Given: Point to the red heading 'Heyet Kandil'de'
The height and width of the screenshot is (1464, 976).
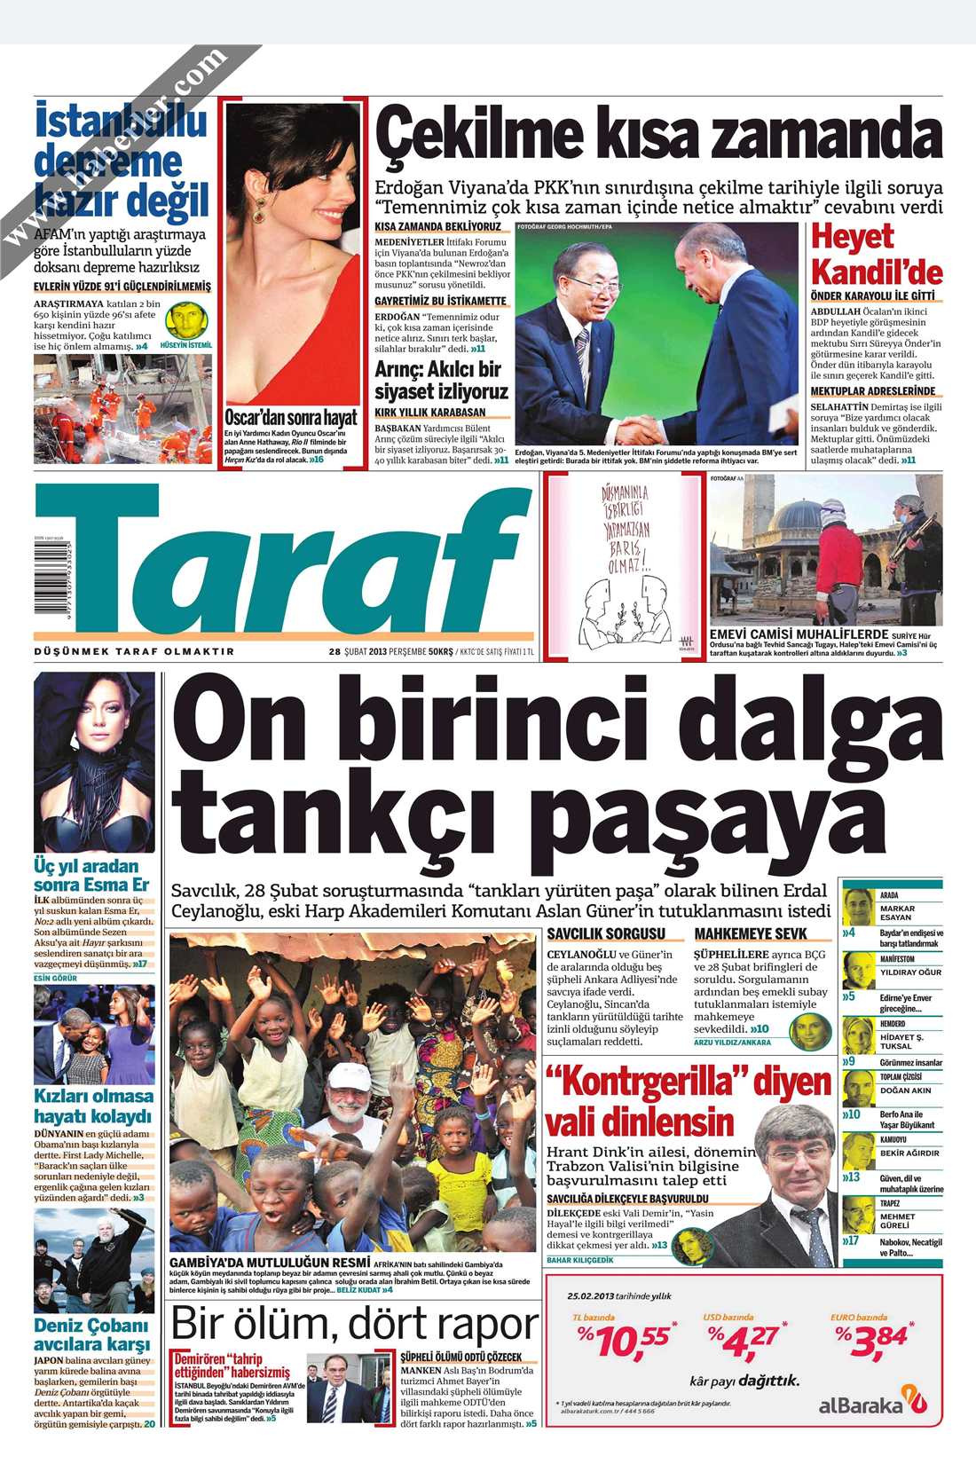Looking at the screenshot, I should [x=876, y=255].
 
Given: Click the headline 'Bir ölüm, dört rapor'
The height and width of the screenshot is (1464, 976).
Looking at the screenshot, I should [x=354, y=1324].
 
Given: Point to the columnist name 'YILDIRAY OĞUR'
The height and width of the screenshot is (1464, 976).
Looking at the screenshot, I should [x=910, y=972].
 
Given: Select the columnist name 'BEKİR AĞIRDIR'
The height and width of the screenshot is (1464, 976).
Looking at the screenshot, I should [x=909, y=1153].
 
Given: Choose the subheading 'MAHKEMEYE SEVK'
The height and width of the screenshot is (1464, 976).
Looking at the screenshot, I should [x=751, y=933].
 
